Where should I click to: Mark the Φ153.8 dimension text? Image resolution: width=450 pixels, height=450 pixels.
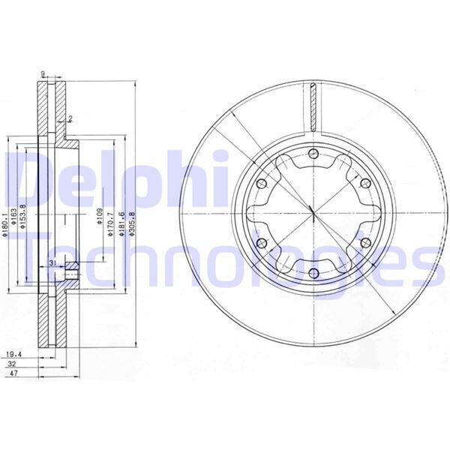(x=25, y=217)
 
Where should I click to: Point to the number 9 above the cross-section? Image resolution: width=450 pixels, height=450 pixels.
(x=44, y=73)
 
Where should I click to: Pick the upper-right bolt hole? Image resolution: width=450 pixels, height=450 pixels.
(x=364, y=184)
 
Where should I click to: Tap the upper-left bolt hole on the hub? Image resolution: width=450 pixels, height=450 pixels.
(x=262, y=184)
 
